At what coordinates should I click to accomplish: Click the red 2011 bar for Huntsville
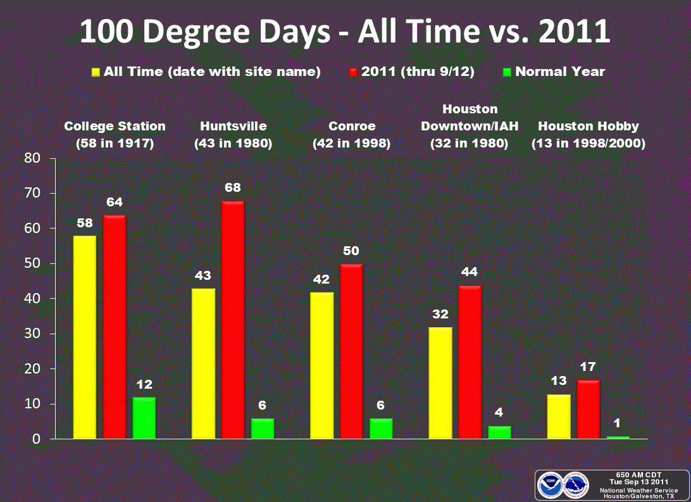(x=232, y=320)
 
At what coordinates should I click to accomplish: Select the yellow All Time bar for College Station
(x=85, y=337)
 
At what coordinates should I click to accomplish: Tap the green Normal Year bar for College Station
(x=144, y=418)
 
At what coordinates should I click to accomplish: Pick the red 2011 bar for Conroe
(x=351, y=351)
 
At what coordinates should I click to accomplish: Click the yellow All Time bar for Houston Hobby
(x=559, y=416)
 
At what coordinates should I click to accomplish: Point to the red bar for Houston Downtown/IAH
(x=470, y=362)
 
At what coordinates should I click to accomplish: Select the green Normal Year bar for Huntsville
(x=263, y=429)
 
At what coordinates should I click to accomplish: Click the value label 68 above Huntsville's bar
(x=232, y=187)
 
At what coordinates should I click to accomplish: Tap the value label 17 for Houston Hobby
(x=588, y=367)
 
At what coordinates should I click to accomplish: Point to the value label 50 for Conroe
(x=351, y=251)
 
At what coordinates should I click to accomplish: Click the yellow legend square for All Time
(x=97, y=72)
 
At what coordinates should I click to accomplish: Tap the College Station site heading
(x=115, y=127)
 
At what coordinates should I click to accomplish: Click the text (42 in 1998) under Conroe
(x=351, y=144)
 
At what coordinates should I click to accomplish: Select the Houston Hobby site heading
(x=588, y=127)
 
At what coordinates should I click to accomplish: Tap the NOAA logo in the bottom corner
(x=549, y=484)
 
